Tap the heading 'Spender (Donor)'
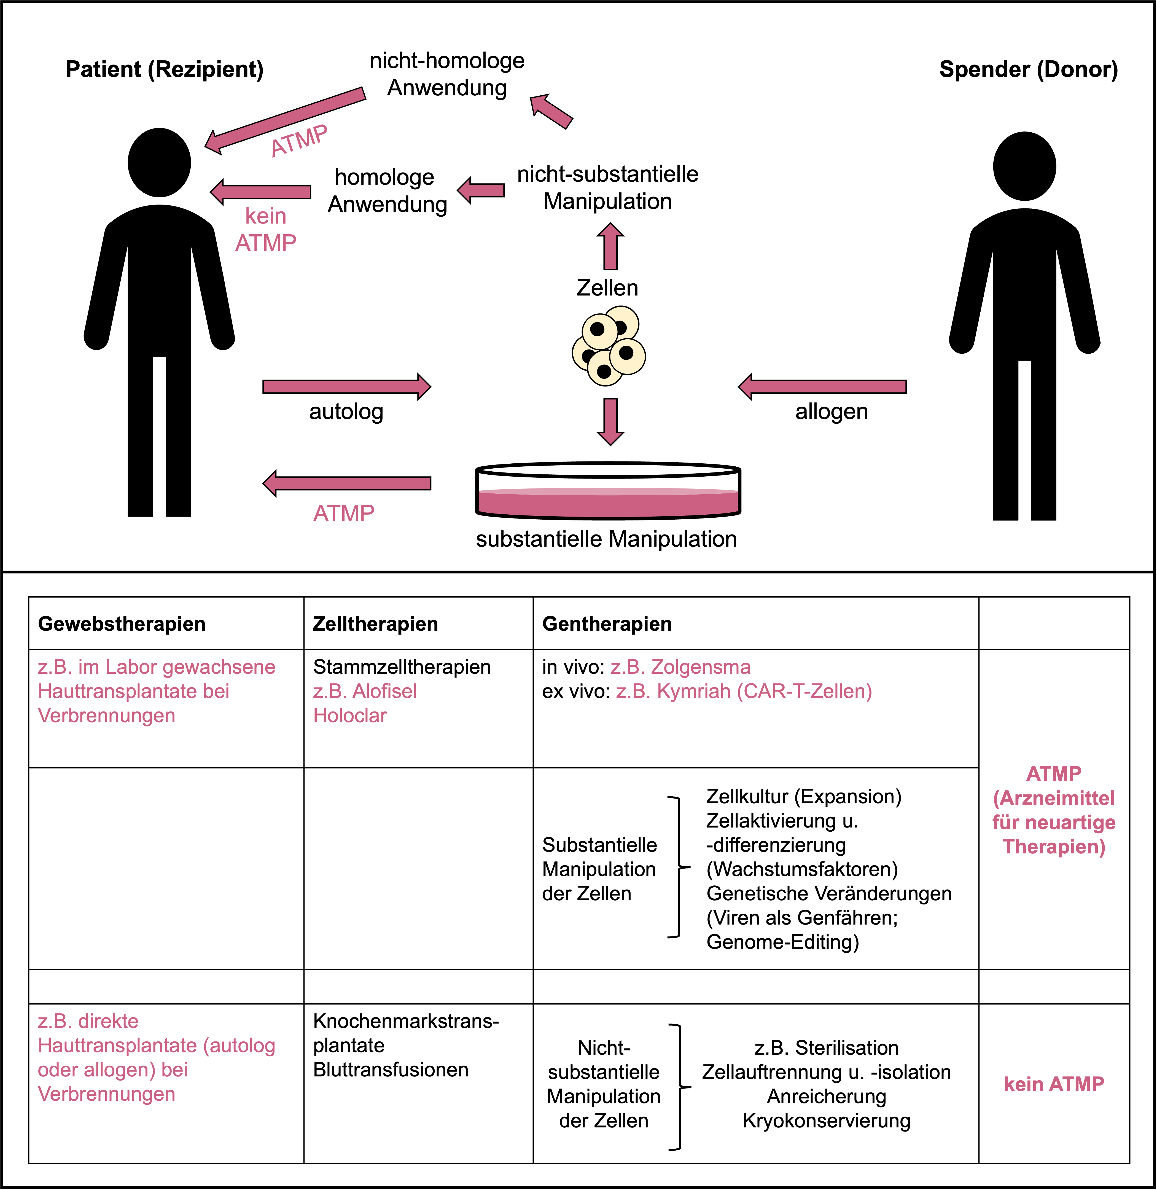[x=1028, y=69]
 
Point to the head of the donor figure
[x=1024, y=166]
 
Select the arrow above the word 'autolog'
[x=346, y=386]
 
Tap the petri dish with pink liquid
[x=608, y=492]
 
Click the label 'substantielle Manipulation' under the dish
[x=606, y=539]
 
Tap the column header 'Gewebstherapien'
[x=122, y=624]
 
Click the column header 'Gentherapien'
[x=606, y=624]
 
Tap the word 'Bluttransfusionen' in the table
[x=391, y=1070]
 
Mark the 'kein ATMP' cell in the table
[x=1054, y=1084]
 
